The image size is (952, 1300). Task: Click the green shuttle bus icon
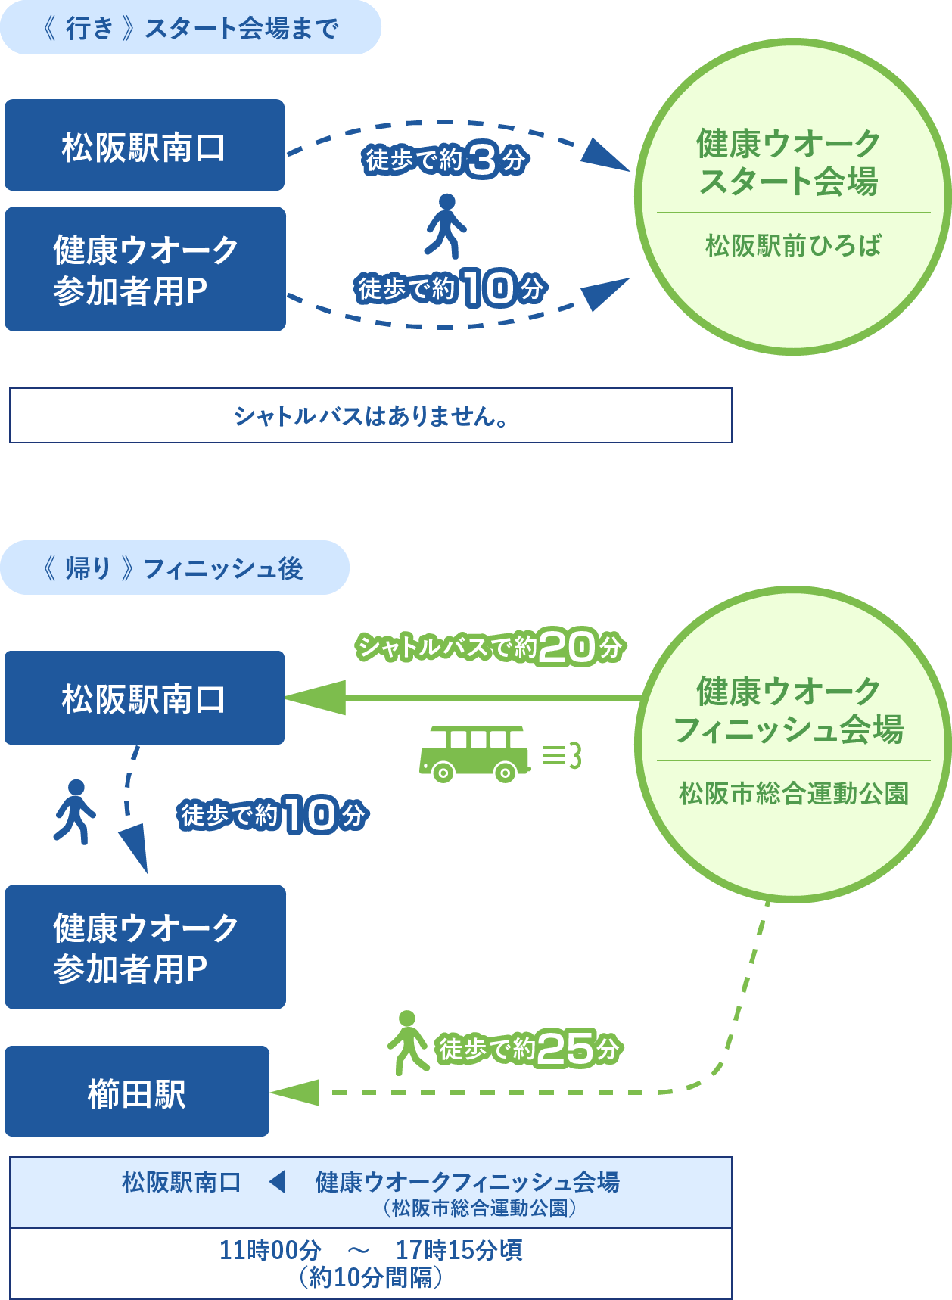click(x=474, y=754)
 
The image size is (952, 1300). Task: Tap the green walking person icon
click(x=408, y=1042)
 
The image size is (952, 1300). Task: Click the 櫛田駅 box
click(x=137, y=1091)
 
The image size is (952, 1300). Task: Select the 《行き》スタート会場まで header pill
click(x=190, y=28)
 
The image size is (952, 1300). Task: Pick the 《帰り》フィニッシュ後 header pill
click(x=174, y=568)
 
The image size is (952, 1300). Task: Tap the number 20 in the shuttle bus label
click(x=568, y=647)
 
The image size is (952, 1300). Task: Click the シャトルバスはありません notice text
click(x=370, y=415)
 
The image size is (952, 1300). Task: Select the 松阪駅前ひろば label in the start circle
click(x=793, y=246)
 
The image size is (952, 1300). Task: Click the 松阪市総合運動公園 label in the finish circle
click(x=793, y=794)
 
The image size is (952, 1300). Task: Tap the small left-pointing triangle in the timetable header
click(x=277, y=1181)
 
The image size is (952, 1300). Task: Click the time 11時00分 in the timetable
click(x=270, y=1250)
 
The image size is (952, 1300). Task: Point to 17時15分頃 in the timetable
click(x=459, y=1250)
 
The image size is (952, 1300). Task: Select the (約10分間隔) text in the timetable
click(x=370, y=1277)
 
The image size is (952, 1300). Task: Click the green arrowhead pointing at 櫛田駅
click(x=297, y=1092)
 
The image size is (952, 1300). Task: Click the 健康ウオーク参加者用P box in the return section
click(x=145, y=947)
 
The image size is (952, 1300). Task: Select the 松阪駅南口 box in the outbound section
click(x=145, y=145)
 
